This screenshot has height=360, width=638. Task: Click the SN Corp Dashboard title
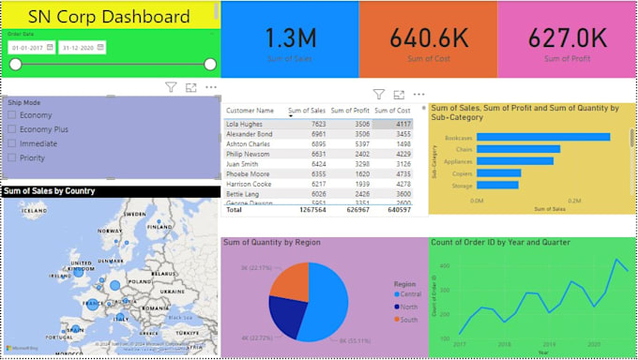108,17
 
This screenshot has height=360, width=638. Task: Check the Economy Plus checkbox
11,129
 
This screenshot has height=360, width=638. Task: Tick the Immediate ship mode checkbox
11,143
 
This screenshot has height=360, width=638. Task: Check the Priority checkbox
11,158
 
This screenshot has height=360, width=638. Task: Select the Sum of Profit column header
351,111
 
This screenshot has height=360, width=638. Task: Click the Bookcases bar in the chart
542,137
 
